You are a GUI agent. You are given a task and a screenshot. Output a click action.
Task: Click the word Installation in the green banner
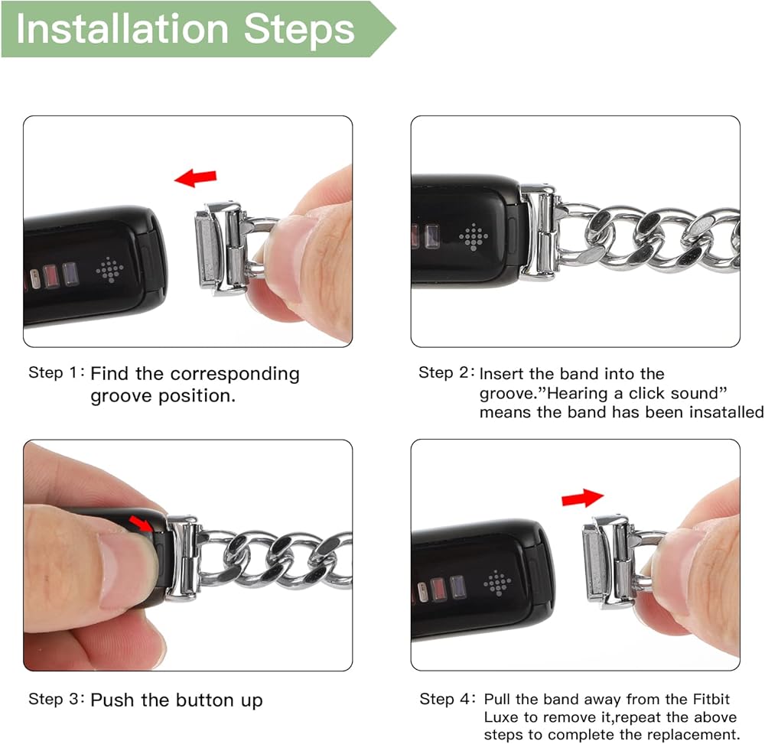point(122,29)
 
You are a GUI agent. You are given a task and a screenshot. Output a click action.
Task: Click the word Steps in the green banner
point(298,29)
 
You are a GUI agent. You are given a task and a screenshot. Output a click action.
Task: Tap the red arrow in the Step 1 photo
point(196,178)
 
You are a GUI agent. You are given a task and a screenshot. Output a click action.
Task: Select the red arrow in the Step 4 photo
point(582,498)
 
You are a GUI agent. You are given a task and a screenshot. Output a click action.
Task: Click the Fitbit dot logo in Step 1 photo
point(109,270)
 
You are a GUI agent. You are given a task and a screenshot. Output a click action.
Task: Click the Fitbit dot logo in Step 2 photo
point(474,237)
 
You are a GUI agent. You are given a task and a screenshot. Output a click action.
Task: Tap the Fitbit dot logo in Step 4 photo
point(497,583)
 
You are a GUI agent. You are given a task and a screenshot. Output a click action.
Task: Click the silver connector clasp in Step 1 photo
point(220,249)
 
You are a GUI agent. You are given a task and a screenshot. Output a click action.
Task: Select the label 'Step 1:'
point(56,372)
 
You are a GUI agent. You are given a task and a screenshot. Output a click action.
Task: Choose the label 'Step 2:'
point(447,372)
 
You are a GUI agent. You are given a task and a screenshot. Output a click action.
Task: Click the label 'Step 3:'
point(57,699)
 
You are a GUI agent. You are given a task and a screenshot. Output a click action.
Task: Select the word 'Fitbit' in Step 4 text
point(711,699)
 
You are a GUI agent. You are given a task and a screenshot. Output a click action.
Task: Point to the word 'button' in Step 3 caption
point(205,700)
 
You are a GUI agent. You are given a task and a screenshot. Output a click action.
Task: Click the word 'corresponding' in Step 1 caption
point(235,375)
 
